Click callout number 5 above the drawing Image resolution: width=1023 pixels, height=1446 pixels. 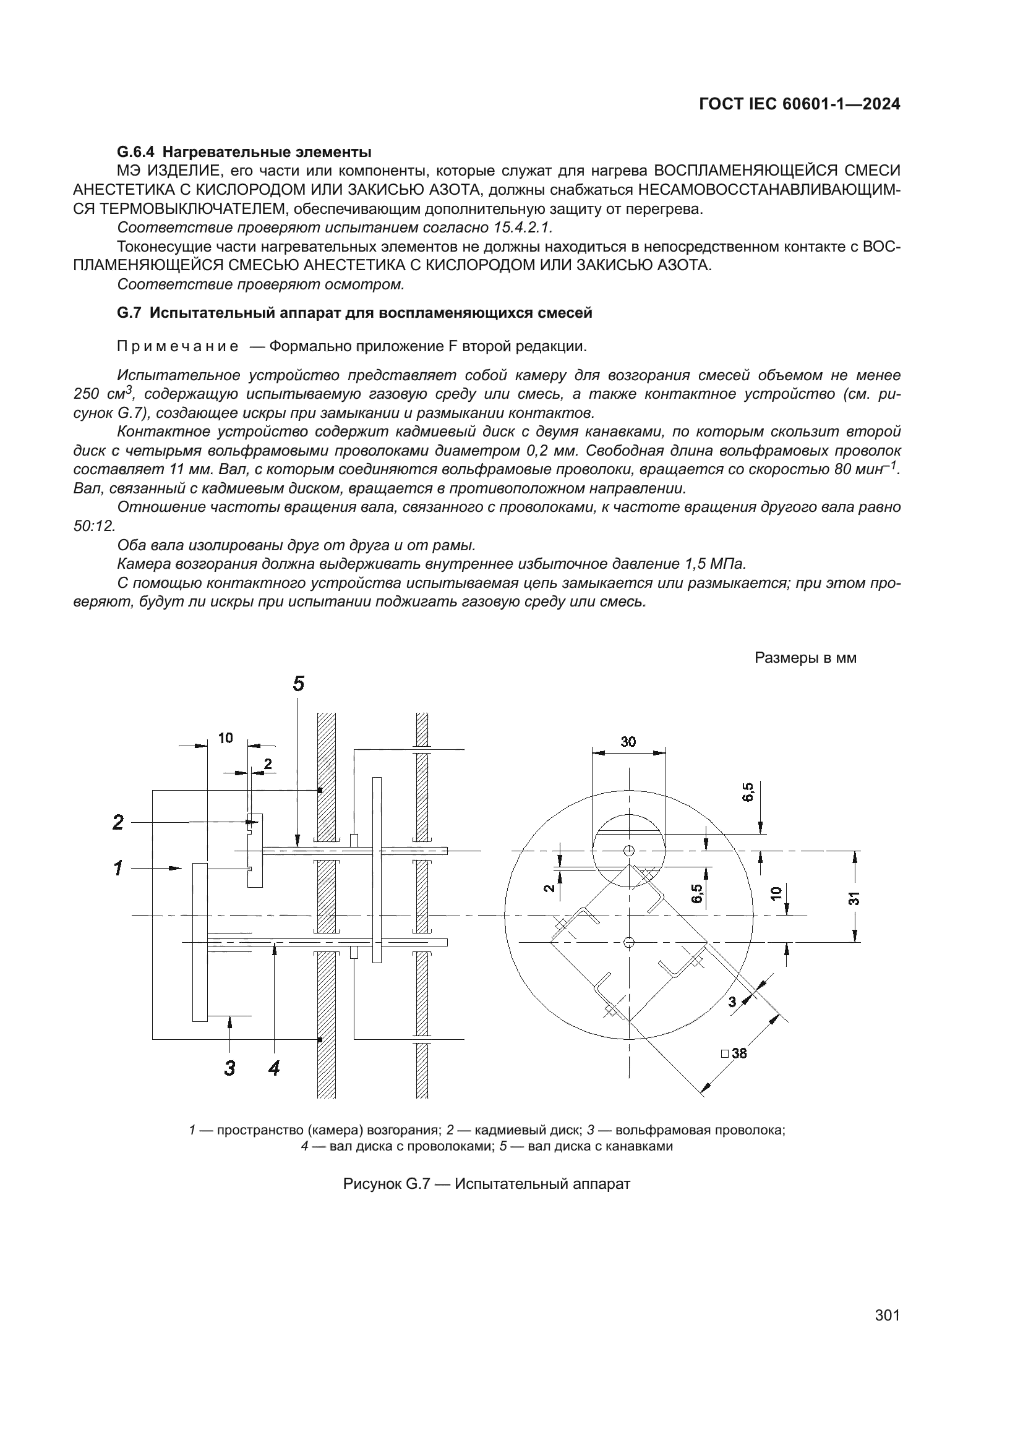(299, 683)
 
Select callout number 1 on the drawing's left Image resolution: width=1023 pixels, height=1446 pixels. (118, 869)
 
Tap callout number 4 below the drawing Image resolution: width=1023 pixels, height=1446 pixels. (273, 1068)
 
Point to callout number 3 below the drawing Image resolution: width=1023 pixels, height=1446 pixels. (230, 1068)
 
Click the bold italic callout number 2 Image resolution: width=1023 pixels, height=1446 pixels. (118, 822)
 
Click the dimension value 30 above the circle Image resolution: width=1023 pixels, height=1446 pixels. (628, 742)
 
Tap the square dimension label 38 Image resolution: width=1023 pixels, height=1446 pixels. (739, 1053)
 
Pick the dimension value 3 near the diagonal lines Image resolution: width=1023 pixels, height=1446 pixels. (732, 1002)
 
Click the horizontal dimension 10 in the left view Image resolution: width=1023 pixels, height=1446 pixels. (226, 738)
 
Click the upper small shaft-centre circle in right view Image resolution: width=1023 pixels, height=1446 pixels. (628, 851)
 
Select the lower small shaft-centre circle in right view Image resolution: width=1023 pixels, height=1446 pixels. (628, 942)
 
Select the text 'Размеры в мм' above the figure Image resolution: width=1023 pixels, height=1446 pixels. (805, 658)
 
